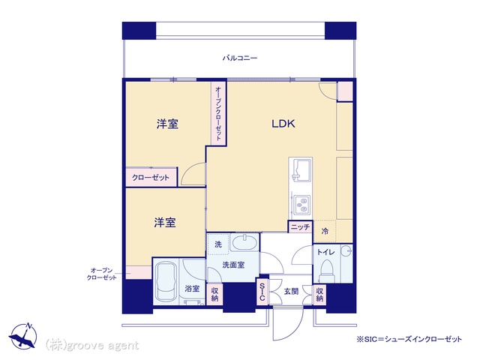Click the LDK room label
tap(283, 124)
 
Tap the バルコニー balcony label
tap(240, 58)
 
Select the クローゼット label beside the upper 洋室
tap(151, 178)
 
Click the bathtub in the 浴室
tap(166, 282)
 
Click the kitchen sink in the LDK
tap(300, 169)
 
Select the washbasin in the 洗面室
tap(245, 243)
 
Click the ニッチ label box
tap(300, 226)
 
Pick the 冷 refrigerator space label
tap(325, 232)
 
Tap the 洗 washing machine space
tap(218, 244)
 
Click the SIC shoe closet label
tap(262, 292)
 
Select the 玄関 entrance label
tap(291, 291)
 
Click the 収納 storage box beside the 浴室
tap(214, 294)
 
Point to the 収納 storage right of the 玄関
tap(320, 294)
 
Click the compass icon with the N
tap(23, 336)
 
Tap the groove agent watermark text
tap(91, 346)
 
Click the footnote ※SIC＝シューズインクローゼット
tap(409, 339)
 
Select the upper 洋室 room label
tap(167, 124)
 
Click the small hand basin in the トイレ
tap(347, 250)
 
